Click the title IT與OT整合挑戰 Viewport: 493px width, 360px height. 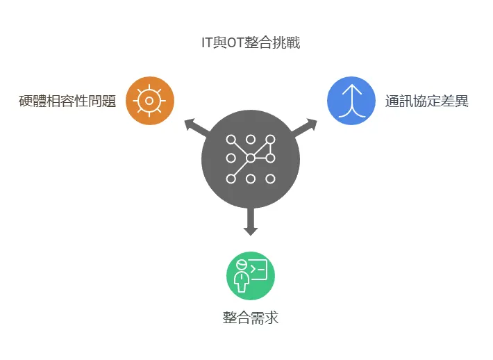[250, 43]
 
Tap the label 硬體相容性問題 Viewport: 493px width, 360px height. [67, 101]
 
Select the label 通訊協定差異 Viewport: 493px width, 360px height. [427, 101]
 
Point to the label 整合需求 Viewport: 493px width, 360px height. [251, 318]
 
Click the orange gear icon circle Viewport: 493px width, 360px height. [150, 101]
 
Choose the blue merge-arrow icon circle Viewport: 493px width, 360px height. [351, 101]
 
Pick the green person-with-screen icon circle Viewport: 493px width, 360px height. [251, 276]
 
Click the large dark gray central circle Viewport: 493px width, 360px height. [251, 158]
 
